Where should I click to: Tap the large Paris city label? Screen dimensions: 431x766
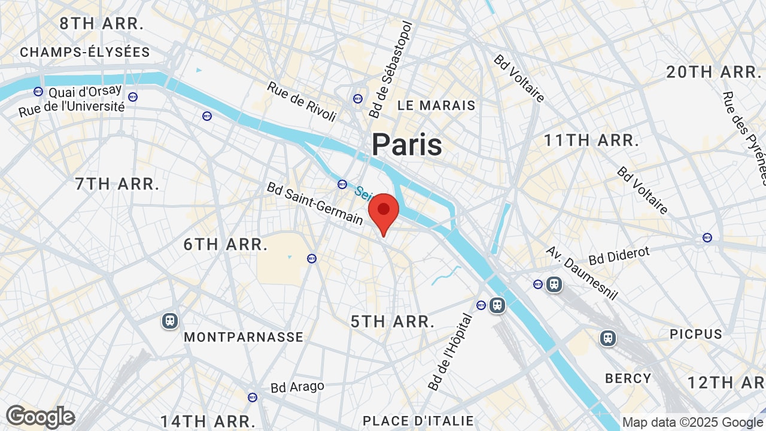(407, 145)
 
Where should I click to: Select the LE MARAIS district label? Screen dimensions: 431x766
(436, 105)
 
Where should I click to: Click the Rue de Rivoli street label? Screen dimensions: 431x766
(302, 102)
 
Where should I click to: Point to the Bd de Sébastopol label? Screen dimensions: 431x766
(391, 70)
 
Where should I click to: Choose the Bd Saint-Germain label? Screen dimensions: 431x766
(315, 204)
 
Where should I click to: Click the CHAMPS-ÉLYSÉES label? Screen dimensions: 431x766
(85, 53)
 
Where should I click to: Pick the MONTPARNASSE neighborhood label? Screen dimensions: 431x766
(244, 337)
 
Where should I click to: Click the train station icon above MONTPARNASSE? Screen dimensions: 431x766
(170, 321)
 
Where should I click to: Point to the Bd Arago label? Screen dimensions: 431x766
(297, 387)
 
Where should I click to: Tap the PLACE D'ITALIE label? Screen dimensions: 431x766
(418, 421)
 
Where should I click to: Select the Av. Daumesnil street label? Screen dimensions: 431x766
(581, 273)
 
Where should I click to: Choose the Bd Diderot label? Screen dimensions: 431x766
(619, 256)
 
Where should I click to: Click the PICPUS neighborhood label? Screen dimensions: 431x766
(696, 334)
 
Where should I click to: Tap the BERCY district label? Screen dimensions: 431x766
(628, 378)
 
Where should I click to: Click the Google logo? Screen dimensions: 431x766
(40, 417)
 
